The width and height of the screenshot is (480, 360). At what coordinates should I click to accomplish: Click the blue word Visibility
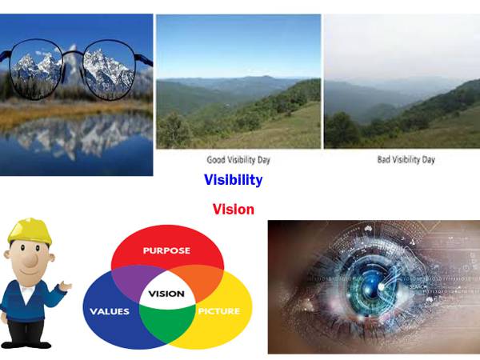[x=233, y=180]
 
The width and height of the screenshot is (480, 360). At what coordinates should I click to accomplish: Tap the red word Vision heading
[x=234, y=210]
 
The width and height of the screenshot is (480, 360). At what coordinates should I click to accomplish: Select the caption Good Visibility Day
[x=238, y=159]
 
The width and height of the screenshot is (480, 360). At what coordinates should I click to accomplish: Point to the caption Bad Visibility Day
[x=406, y=159]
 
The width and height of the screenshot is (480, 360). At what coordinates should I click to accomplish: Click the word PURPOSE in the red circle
[x=166, y=250]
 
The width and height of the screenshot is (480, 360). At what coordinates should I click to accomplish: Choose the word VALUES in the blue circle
[x=110, y=311]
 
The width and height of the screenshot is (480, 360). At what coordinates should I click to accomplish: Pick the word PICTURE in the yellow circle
[x=218, y=311]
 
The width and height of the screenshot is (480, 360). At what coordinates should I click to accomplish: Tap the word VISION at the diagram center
[x=166, y=294]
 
